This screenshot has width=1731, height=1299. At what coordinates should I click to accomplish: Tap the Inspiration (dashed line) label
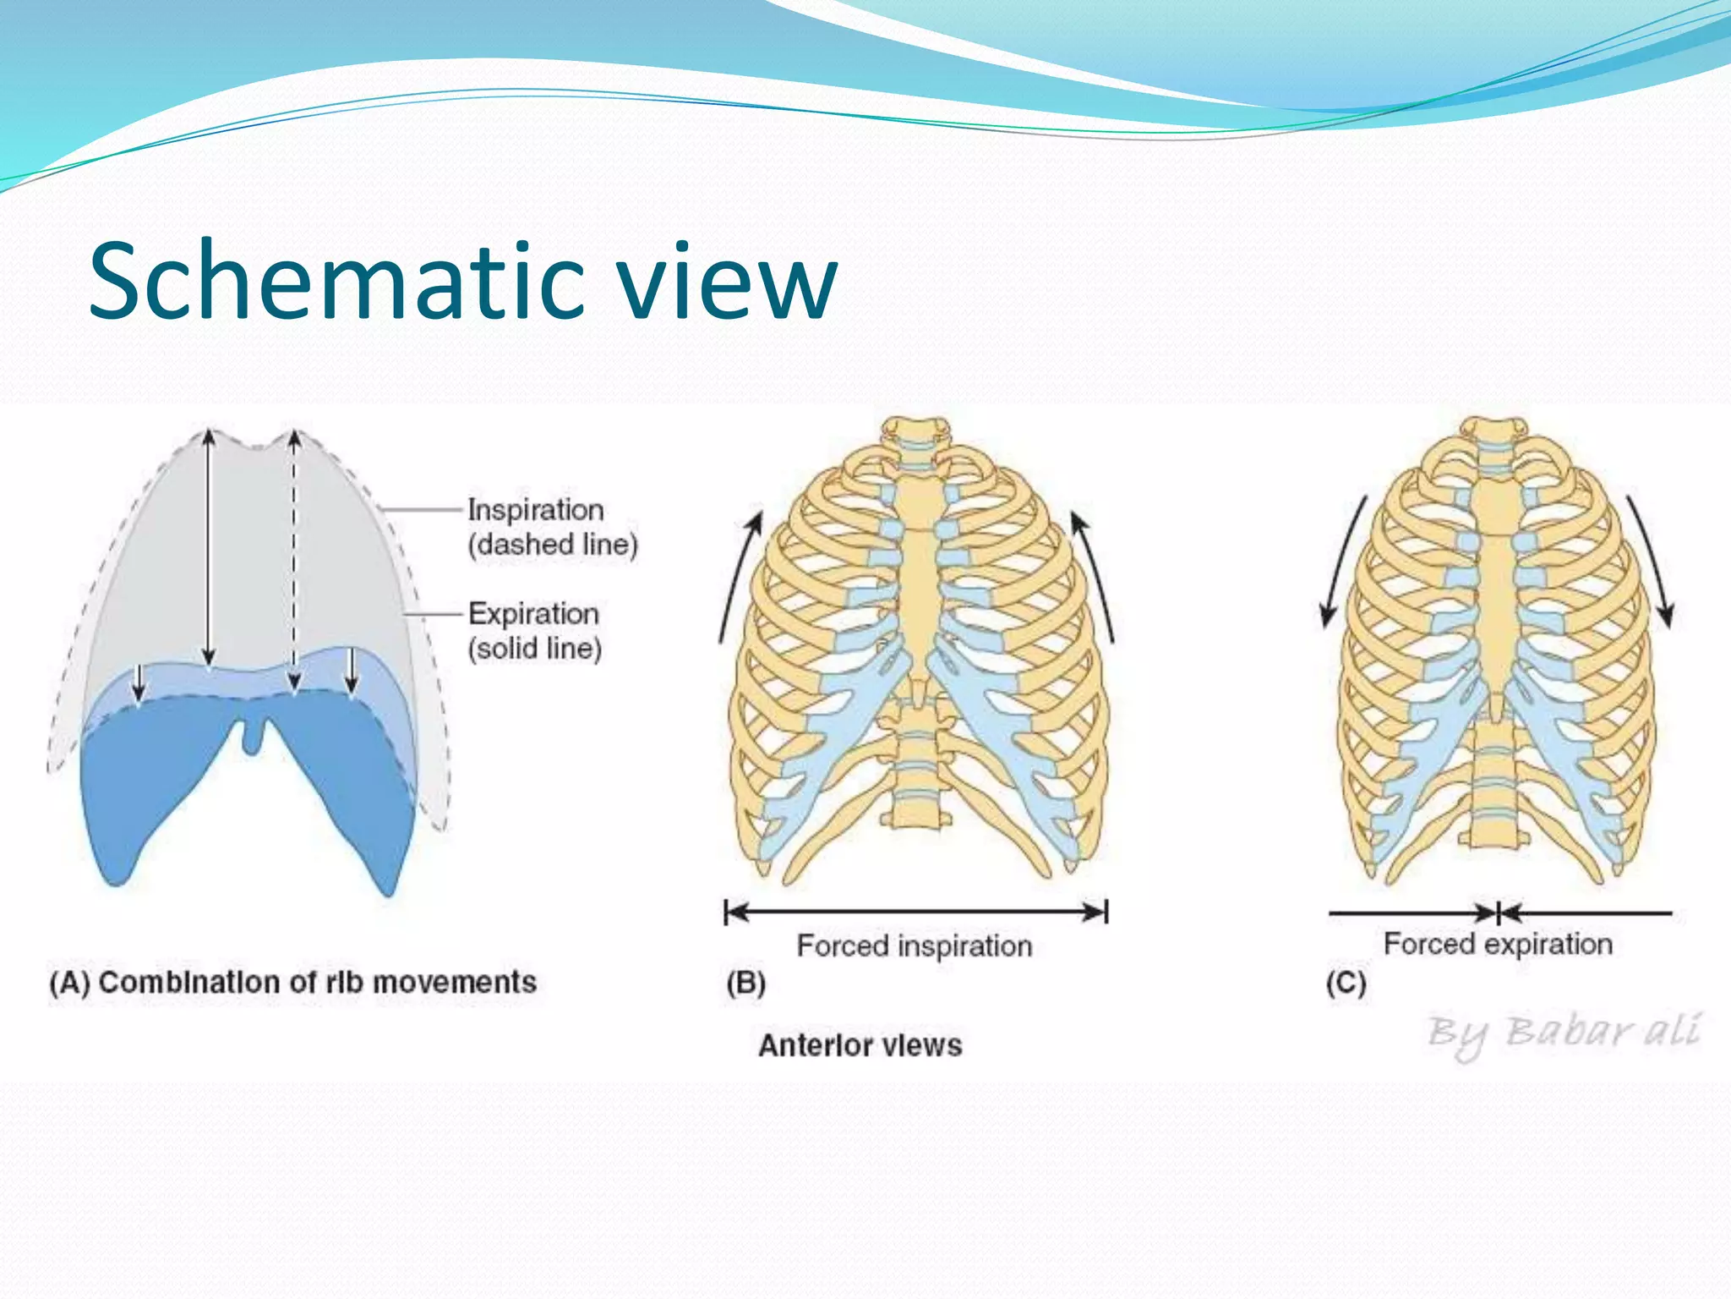(552, 527)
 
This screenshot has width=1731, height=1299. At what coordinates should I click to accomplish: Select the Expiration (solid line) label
(534, 631)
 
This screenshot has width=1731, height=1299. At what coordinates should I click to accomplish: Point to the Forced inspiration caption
(915, 945)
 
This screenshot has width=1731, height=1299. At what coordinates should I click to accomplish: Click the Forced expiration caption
(1498, 943)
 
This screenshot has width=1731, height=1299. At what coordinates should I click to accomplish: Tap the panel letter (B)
(745, 983)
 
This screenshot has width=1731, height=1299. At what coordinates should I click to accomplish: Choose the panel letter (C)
(1346, 983)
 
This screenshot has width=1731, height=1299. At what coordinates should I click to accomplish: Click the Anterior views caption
(860, 1045)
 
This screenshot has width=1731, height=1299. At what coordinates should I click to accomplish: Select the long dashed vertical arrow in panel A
(293, 558)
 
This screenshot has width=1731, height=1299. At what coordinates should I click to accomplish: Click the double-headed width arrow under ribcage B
(916, 912)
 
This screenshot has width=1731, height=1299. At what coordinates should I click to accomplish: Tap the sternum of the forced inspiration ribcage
(919, 575)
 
